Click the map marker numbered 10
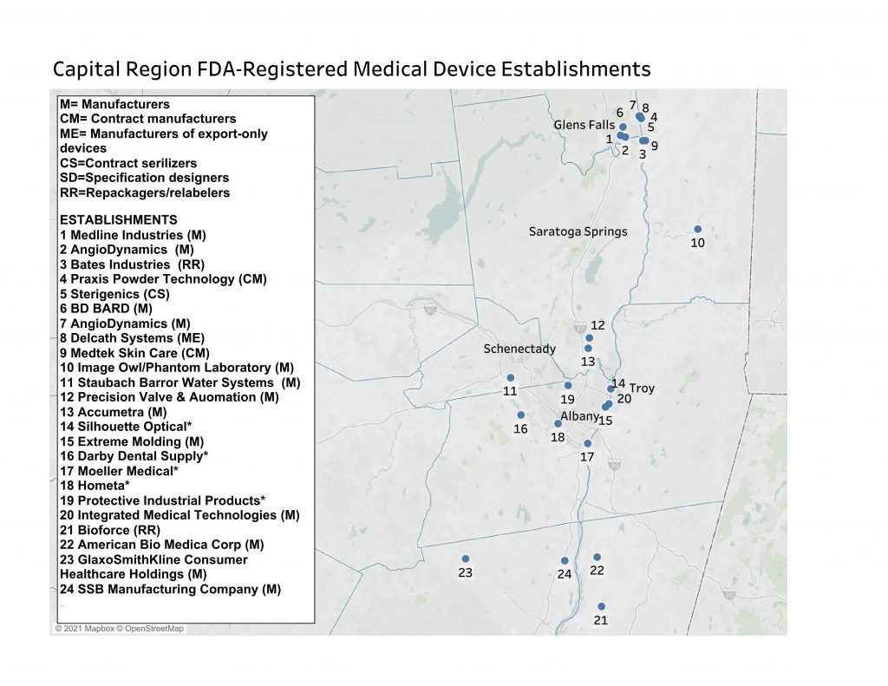[x=697, y=229]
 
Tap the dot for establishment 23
[x=466, y=559]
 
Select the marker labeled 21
[x=601, y=606]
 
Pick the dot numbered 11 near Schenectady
[x=511, y=377]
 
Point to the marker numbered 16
[x=520, y=415]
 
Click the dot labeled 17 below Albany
[x=587, y=443]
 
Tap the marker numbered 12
[x=590, y=337]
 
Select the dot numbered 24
[x=565, y=560]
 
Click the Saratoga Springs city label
[x=578, y=232]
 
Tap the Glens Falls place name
[x=584, y=125]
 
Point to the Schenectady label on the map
[x=519, y=349]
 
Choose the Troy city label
[x=642, y=388]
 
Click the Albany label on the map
[x=578, y=416]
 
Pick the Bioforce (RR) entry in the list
[x=110, y=530]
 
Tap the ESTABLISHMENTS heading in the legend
[x=119, y=220]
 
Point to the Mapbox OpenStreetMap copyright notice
[x=120, y=629]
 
